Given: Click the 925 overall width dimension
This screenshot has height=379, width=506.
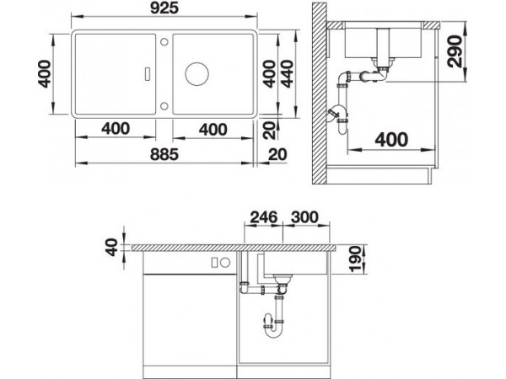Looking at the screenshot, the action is coord(164,8).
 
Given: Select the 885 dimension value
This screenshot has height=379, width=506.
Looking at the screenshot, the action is coord(164,154).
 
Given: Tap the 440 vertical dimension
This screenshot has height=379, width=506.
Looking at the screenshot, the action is coord(287,74).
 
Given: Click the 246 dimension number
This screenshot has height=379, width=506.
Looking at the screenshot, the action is coord(264,217).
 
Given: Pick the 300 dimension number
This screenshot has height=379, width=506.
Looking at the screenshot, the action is coord(304,217).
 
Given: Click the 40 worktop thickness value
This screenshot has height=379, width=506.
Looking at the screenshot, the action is coord(112,247).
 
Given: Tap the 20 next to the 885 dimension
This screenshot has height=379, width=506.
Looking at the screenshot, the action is coord(277,154).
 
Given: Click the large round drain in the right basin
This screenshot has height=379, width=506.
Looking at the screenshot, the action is coord(196,74).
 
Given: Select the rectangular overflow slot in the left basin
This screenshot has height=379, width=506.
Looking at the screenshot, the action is coord(148,73).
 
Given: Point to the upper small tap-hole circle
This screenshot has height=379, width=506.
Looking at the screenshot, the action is coord(164,42).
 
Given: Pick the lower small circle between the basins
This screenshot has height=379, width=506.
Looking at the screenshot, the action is coord(164,106).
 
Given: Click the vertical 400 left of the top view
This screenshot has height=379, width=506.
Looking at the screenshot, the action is coord(45,74).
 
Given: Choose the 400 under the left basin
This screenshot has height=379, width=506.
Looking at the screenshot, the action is coord(116,129).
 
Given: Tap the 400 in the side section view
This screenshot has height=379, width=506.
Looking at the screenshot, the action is coord(391,140).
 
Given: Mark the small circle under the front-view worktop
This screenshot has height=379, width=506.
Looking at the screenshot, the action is coord(225,263).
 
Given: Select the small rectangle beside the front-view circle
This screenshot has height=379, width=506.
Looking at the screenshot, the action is coord(214,263).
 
